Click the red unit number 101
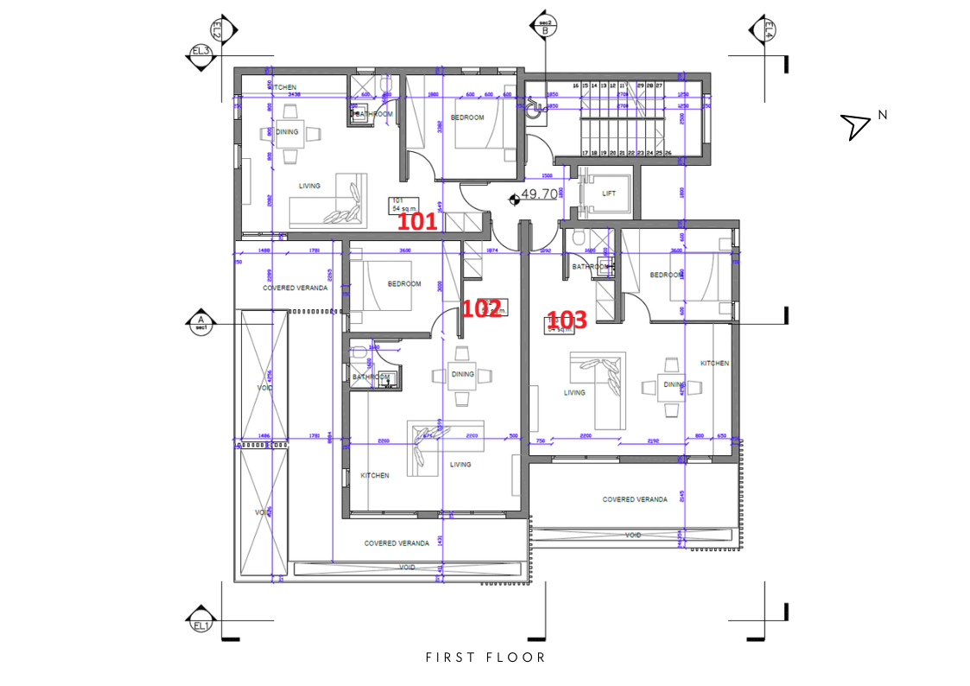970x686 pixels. tap(416, 222)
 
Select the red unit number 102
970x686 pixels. tap(482, 308)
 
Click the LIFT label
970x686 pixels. tap(609, 194)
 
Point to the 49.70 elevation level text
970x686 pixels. tap(540, 195)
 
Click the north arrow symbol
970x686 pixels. tap(856, 126)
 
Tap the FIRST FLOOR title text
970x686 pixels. tap(485, 657)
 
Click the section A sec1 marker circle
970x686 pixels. tap(200, 324)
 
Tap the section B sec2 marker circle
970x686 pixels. tap(545, 28)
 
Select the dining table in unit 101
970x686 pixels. tap(288, 132)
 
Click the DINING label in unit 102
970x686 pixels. tap(462, 374)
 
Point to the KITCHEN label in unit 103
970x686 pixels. tap(714, 364)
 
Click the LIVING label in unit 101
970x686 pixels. tap(309, 186)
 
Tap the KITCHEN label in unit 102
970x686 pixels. tap(374, 476)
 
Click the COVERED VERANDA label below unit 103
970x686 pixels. tap(634, 499)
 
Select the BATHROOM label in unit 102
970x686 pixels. tap(370, 378)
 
